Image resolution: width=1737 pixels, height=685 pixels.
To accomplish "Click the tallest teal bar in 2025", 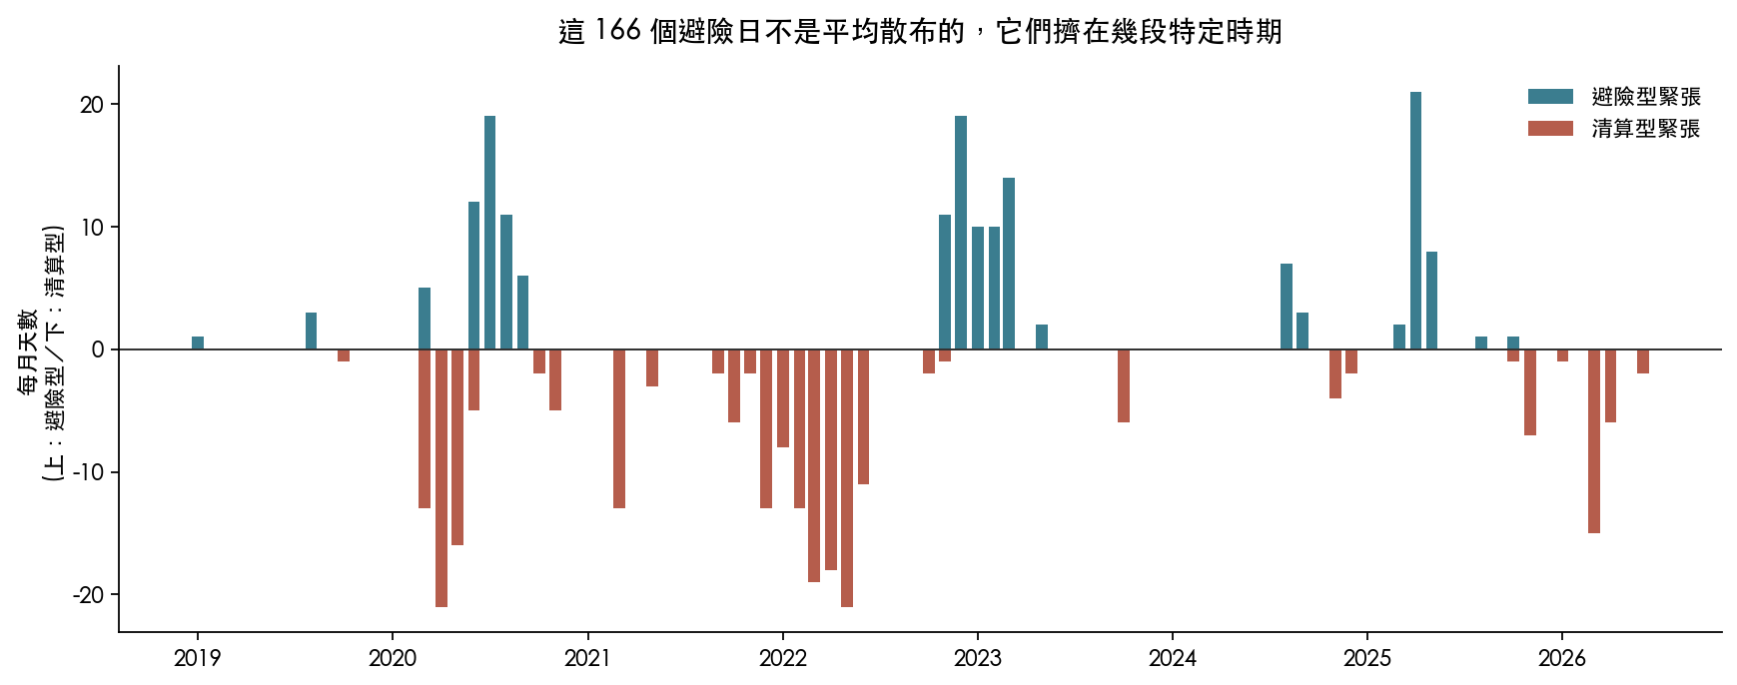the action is [x=1415, y=221].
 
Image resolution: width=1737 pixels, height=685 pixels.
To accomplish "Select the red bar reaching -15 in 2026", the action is [x=1594, y=441].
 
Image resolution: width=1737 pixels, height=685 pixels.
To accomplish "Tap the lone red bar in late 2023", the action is [x=1124, y=386].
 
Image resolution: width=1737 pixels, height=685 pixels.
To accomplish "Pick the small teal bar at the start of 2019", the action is [x=198, y=343].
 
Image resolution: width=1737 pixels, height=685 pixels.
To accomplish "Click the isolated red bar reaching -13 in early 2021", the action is [x=619, y=429].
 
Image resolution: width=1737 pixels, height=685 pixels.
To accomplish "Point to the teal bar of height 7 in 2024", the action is [x=1287, y=307].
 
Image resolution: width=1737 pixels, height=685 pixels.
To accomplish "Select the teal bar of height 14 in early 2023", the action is [x=1009, y=264].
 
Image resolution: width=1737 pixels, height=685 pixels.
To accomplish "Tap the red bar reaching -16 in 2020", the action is [x=457, y=447].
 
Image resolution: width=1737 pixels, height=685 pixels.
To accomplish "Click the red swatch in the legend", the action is [x=1550, y=129].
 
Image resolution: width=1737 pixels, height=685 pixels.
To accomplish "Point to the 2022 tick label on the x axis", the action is [x=783, y=658].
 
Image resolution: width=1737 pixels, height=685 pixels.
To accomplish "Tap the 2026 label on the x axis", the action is [x=1562, y=658].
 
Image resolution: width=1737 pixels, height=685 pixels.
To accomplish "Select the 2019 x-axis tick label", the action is [x=198, y=658].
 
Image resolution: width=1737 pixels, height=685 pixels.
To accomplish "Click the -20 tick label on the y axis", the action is [x=88, y=595].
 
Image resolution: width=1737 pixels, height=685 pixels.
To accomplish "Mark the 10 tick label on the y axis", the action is [x=93, y=227].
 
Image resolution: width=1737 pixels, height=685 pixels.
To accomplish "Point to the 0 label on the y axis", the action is [x=98, y=349].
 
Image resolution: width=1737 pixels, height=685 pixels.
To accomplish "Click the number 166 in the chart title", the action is [x=617, y=31].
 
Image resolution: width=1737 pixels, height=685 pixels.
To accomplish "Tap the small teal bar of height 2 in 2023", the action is [x=1042, y=338].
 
